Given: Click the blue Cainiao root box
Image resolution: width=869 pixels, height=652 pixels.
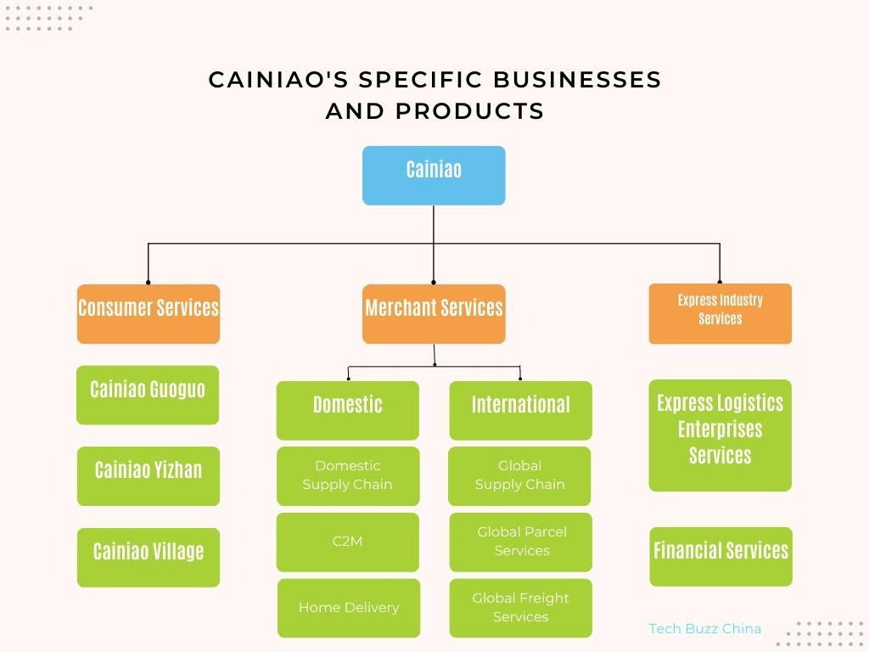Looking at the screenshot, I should coord(434,175).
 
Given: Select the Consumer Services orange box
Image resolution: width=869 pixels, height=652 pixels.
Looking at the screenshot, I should coord(149,313).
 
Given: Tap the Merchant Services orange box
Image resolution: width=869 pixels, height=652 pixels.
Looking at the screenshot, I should coord(434,313).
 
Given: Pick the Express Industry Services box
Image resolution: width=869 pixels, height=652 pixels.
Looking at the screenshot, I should coord(720,313).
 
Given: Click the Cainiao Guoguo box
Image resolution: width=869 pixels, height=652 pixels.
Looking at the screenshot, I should coord(148,395).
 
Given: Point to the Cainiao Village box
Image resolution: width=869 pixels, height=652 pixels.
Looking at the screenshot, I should coord(149,557).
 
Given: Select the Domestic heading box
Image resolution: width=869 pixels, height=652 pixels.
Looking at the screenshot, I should coord(347,410).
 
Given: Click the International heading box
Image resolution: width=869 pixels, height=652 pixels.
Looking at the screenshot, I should coord(520,410).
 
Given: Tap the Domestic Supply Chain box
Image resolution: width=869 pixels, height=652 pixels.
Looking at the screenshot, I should coord(348,475).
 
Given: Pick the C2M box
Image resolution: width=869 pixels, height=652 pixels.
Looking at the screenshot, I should coord(347,542).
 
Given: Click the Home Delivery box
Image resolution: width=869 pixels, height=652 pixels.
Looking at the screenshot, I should coord(349,608).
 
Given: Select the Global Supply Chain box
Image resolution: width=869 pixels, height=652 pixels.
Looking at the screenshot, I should coord(519,475).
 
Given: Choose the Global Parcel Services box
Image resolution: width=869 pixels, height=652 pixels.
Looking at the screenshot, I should coord(521,542).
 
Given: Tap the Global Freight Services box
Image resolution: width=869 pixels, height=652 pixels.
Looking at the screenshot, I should coord(521,608).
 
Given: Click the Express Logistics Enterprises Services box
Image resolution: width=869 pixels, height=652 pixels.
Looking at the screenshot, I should coord(720,435).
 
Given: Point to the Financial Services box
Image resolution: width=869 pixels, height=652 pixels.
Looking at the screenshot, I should coord(720,556).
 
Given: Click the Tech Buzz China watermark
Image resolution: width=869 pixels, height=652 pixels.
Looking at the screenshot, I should coord(704,629).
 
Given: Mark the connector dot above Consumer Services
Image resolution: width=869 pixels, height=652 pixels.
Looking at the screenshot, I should coord(149,282).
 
